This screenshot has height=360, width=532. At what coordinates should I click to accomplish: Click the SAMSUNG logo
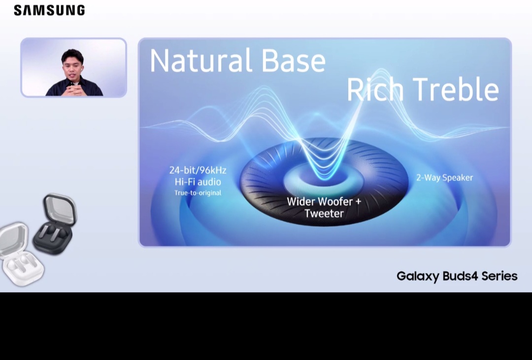click(x=49, y=10)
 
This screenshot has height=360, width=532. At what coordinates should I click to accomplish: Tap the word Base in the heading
click(x=294, y=61)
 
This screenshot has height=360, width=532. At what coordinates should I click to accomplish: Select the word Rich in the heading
click(x=375, y=89)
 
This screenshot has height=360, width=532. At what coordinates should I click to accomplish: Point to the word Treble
click(x=456, y=89)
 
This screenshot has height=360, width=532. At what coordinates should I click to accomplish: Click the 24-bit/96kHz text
click(x=198, y=170)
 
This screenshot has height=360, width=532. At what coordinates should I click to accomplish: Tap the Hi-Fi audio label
click(x=198, y=182)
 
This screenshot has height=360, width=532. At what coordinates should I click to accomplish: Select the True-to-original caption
click(x=198, y=193)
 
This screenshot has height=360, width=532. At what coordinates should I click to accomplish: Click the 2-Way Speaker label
click(x=444, y=177)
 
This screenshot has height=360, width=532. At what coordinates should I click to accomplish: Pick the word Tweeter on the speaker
click(x=324, y=213)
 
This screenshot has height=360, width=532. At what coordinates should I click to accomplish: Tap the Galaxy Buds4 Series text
click(x=457, y=276)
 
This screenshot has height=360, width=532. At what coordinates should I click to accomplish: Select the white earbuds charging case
click(x=21, y=254)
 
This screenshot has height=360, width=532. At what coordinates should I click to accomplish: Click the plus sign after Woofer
click(x=358, y=202)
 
